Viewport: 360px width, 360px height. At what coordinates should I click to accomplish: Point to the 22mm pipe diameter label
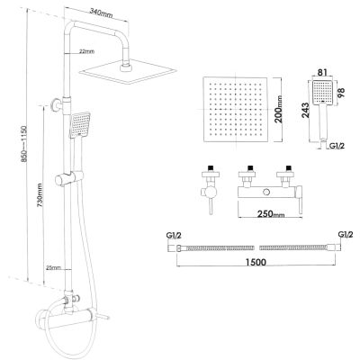click(x=86, y=51)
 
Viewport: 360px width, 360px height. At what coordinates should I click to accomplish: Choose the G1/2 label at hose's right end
click(x=344, y=236)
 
